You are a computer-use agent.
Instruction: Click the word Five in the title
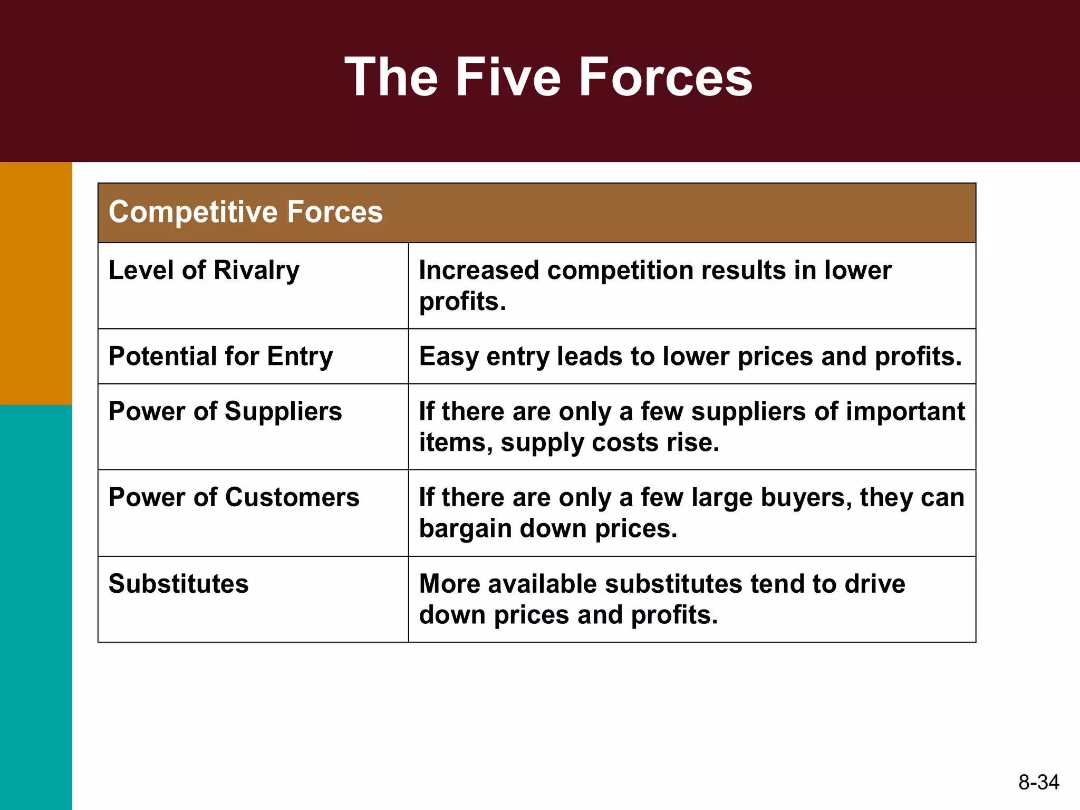(508, 78)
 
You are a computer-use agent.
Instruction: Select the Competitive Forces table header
(246, 212)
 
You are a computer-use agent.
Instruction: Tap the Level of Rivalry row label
(204, 271)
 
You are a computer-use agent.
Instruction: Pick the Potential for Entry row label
(221, 356)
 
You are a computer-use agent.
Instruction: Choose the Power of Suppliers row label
(225, 411)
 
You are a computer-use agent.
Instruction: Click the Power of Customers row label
(234, 497)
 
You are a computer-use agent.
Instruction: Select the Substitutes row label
(178, 584)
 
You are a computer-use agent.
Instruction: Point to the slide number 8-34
(1038, 782)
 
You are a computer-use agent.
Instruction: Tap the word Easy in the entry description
(448, 356)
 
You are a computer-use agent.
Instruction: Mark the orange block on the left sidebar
(36, 283)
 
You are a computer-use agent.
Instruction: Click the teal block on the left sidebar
(36, 606)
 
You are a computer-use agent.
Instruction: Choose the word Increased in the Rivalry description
(479, 271)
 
